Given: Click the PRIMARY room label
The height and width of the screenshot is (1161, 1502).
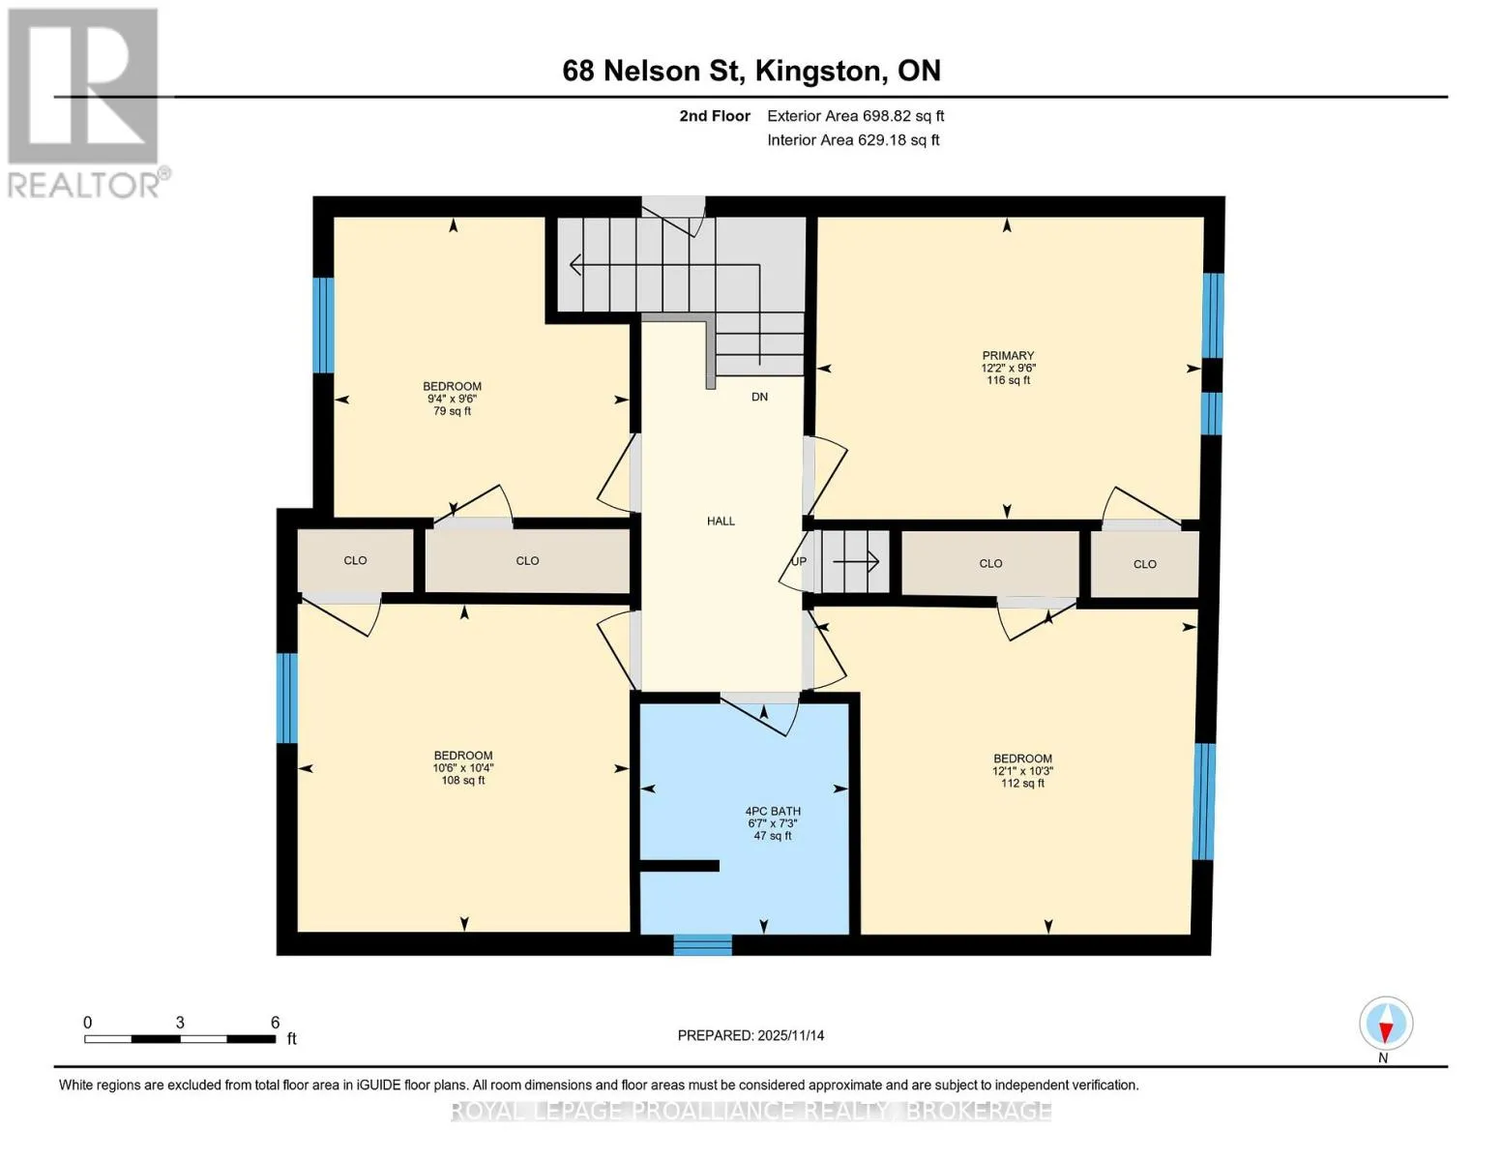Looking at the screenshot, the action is click(1008, 355).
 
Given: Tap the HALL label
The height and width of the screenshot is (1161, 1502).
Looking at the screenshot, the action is click(721, 521).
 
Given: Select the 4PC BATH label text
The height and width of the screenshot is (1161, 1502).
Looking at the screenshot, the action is click(773, 811).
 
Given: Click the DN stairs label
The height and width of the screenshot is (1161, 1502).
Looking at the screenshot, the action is click(759, 397).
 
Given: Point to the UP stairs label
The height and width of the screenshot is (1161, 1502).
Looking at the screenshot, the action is click(798, 561).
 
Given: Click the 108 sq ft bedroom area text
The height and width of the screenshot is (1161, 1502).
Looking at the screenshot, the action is click(463, 781).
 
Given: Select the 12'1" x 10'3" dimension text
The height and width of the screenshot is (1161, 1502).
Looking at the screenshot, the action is click(1022, 771).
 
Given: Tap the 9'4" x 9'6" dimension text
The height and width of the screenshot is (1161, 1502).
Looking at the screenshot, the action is click(452, 399).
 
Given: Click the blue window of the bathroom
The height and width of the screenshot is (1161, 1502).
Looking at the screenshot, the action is click(702, 944).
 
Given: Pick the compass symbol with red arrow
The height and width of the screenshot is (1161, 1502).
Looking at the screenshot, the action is click(1386, 1024).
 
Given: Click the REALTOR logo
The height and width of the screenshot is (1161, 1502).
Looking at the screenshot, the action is click(85, 104).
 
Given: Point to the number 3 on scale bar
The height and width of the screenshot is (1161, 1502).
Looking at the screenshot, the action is click(180, 1023).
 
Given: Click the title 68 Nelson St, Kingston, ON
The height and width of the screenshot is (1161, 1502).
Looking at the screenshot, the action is click(751, 71).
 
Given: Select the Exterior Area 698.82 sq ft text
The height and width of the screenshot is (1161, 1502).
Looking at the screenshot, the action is click(855, 116).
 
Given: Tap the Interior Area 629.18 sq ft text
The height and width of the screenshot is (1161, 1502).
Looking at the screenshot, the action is click(853, 140).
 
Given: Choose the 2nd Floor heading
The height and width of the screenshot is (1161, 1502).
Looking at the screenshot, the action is click(715, 116).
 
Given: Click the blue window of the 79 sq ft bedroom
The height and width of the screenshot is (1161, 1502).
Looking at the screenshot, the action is click(323, 325).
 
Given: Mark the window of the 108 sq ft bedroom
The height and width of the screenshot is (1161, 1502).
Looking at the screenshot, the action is click(287, 698).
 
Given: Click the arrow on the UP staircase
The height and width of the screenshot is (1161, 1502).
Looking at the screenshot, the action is click(856, 561).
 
